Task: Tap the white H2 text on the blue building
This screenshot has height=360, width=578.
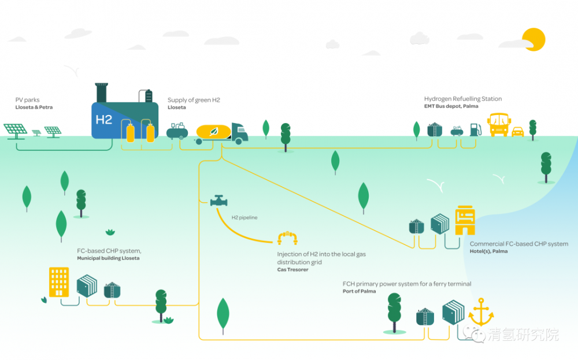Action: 103,120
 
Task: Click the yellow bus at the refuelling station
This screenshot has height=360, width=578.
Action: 499,125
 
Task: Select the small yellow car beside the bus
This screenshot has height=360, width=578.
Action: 517,132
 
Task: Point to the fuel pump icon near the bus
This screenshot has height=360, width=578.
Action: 476,129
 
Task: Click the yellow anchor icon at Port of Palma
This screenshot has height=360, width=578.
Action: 481,313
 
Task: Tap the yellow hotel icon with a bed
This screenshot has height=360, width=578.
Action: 465,220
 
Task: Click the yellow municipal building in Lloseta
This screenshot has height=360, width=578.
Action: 59,282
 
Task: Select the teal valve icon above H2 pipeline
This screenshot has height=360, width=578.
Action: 218,201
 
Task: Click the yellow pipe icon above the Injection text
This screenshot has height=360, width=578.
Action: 287,237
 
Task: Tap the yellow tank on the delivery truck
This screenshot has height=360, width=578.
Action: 213,132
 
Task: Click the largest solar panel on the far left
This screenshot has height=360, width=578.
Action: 16,131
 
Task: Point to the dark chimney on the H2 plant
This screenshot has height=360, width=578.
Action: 101,92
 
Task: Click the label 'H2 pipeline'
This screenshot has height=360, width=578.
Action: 244,217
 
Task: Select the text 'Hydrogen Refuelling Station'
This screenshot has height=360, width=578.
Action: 462,99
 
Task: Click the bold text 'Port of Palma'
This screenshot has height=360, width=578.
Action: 359,291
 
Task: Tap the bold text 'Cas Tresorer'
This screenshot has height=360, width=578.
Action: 292,270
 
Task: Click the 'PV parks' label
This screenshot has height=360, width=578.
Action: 27,100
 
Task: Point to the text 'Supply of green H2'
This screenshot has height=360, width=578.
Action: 194,100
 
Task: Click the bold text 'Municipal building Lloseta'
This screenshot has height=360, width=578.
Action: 108,258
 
